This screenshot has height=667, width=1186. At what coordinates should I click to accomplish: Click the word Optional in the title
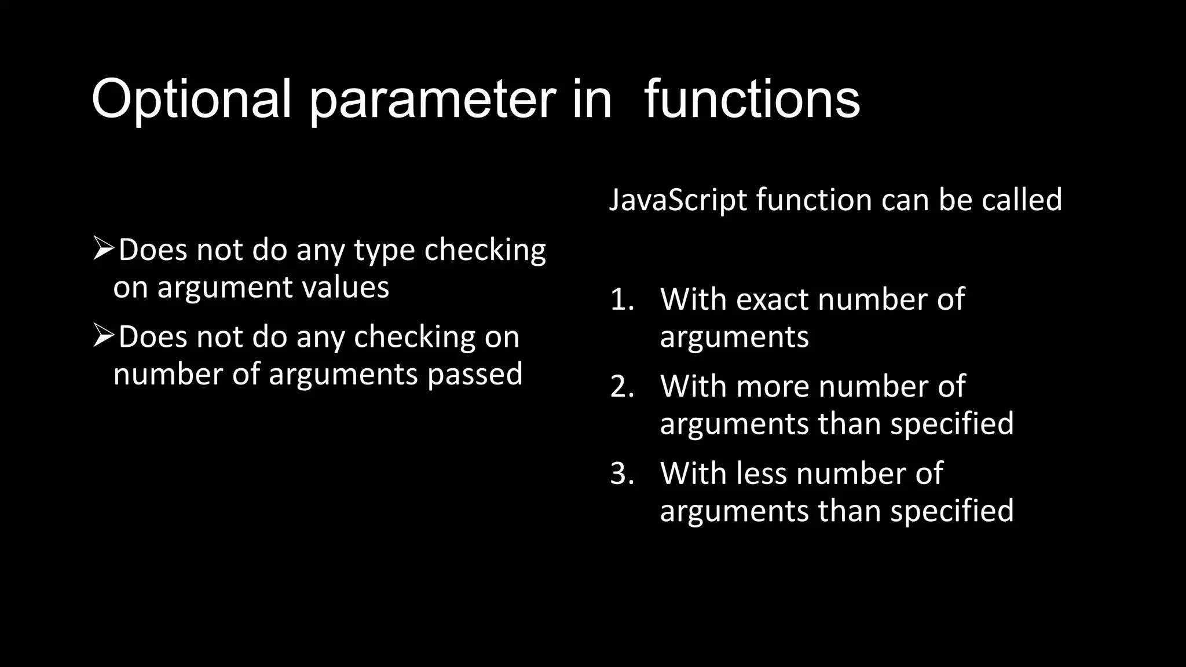click(x=191, y=100)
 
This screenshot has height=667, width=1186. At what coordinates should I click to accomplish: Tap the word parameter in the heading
click(x=432, y=100)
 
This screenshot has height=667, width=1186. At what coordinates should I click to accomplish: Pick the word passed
click(x=475, y=374)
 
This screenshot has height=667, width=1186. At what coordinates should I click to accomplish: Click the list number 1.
click(x=622, y=300)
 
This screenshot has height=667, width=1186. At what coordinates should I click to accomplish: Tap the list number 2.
click(x=622, y=387)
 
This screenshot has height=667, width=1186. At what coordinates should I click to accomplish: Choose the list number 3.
click(x=622, y=474)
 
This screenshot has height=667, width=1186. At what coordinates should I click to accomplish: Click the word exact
click(x=773, y=300)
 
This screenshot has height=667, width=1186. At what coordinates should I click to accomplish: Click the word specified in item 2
click(x=952, y=424)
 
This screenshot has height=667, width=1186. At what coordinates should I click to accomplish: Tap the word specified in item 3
click(x=952, y=511)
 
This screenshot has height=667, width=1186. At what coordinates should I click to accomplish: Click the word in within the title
click(x=592, y=100)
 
